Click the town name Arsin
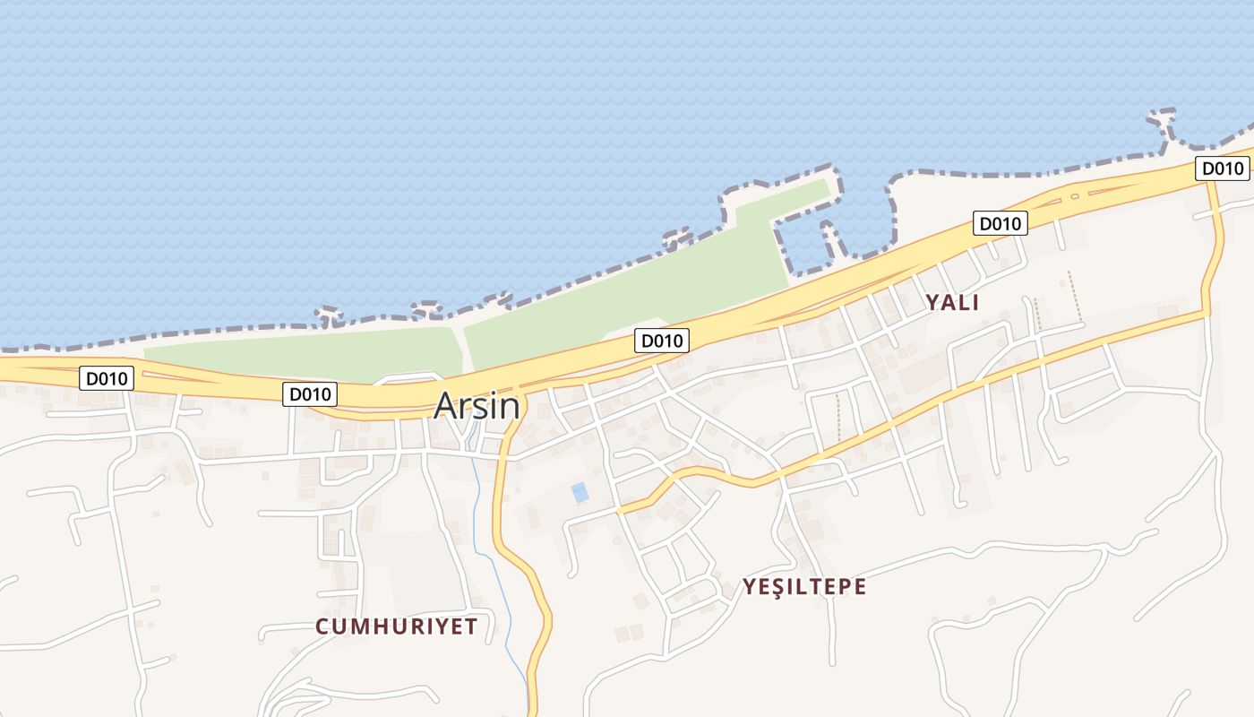click(x=477, y=406)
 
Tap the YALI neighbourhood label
click(x=952, y=303)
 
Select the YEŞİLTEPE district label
click(x=803, y=587)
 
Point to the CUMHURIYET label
click(x=396, y=626)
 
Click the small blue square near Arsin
click(x=580, y=492)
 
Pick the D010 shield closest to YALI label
click(x=1000, y=223)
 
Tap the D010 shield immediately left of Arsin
click(x=310, y=393)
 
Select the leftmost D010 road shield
click(x=107, y=378)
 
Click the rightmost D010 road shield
click(x=1223, y=168)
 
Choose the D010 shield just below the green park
click(x=662, y=340)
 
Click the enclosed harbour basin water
click(x=860, y=215)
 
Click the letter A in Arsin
click(x=445, y=406)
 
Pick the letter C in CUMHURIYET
click(x=322, y=626)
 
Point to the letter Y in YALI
click(x=932, y=303)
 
